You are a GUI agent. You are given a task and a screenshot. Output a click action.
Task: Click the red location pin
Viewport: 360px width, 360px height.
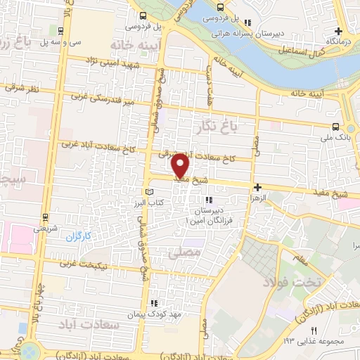point(180,165)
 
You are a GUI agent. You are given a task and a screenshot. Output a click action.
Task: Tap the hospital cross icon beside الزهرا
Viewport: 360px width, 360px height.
point(258,187)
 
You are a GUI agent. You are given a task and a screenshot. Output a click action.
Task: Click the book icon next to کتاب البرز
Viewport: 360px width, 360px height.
point(147,192)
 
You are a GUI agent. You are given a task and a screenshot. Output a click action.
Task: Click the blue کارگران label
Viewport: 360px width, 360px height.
point(79,237)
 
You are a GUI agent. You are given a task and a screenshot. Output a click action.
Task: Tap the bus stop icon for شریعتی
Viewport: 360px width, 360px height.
point(46,217)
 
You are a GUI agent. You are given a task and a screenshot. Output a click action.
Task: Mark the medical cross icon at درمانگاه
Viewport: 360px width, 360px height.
point(338,31)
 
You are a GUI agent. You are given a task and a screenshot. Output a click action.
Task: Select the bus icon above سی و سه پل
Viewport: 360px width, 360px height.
point(62,30)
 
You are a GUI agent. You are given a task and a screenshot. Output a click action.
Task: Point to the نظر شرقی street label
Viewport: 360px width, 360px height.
point(21,89)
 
